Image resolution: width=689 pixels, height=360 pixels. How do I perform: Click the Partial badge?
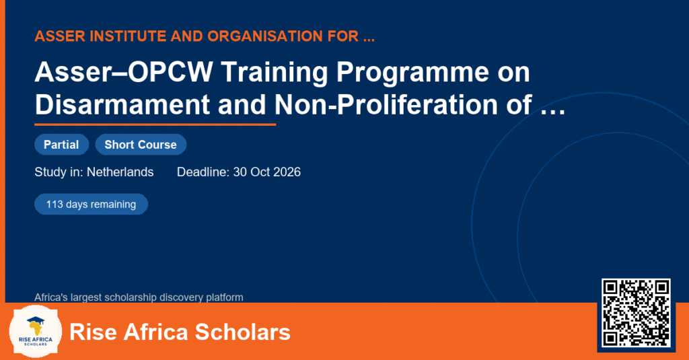coord(61,145)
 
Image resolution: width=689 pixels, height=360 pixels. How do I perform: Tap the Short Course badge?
coord(141,145)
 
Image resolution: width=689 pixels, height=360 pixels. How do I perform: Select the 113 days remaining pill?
coord(91,205)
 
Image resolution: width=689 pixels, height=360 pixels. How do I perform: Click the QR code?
coord(636,312)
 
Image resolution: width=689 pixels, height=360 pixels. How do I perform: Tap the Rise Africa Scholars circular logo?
coord(36,331)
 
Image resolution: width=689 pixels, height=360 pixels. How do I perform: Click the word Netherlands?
coord(120,172)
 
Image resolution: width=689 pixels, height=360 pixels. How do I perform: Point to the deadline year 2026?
coord(287,172)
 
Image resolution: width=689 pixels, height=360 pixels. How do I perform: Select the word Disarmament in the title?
coord(122,104)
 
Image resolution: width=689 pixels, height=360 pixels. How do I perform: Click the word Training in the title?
coord(275,73)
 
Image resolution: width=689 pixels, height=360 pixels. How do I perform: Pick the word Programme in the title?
coord(412,73)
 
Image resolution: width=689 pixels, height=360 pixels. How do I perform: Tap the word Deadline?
coord(203,172)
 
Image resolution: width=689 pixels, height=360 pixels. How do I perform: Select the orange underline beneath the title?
coord(155,124)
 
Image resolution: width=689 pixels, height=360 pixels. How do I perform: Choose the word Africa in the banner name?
coord(155,332)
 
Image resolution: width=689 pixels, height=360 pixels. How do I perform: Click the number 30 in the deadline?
coord(240,172)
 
